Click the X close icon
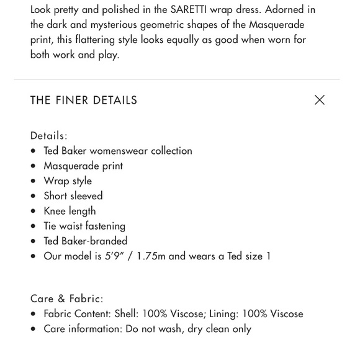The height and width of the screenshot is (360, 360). [x=319, y=100]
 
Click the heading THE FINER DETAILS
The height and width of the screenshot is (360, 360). [x=84, y=101]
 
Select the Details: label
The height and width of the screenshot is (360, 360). [x=49, y=135]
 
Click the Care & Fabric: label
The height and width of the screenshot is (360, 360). [x=67, y=299]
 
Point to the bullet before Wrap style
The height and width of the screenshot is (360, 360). [x=34, y=181]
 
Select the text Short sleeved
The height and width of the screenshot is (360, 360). [x=73, y=196]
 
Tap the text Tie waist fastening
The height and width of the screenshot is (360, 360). [x=84, y=226]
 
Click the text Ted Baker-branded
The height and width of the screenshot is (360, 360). [x=85, y=241]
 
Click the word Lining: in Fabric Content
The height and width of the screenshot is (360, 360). [x=224, y=313]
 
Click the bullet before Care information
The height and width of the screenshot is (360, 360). [x=34, y=329]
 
